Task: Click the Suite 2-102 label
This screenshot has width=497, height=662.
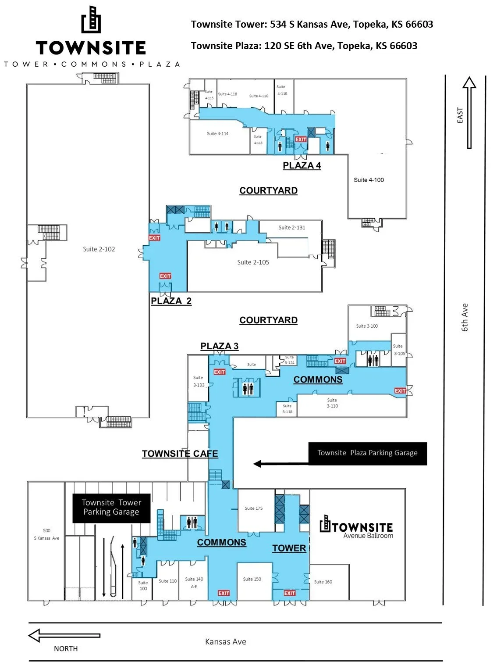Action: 99,249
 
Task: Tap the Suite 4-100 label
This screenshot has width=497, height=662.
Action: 369,180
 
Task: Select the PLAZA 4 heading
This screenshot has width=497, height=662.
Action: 302,165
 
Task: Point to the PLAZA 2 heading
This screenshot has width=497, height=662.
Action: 171,301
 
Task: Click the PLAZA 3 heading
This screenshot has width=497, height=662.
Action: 219,346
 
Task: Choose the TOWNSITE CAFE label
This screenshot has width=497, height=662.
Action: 180,454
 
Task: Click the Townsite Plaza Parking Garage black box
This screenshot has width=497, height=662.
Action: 367,453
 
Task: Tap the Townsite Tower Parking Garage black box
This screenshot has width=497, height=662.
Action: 111,508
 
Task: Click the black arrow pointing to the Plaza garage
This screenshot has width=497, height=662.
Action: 280,463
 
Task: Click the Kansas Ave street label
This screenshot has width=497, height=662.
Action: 226,642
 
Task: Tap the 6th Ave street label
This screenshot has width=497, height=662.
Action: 465,317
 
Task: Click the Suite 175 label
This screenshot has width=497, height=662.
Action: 254,508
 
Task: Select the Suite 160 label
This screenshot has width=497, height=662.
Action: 323,582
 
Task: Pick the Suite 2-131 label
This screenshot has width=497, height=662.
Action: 292,228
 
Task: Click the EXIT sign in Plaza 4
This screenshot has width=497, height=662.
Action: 301,140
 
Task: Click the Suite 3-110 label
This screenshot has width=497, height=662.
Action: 332,403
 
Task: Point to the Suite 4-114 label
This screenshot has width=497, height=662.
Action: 217,134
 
